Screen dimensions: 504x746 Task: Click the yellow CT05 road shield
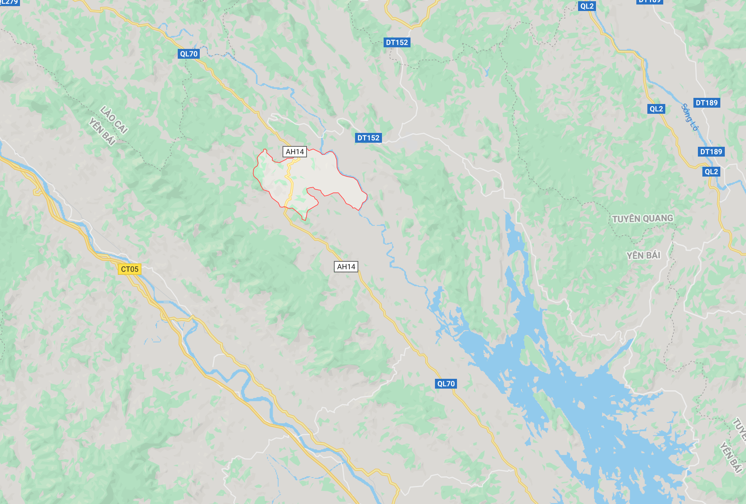130,269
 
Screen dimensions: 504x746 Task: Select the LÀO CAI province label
114,120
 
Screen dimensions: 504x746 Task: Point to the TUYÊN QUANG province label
642,219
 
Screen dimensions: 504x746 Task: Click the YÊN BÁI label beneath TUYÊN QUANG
643,256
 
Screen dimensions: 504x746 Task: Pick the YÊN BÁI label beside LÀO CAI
102,132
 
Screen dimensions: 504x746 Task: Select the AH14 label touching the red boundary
295,152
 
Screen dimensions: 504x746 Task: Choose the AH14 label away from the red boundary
346,267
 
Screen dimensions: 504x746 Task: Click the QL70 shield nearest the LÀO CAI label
189,54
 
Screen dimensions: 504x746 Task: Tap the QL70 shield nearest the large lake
446,384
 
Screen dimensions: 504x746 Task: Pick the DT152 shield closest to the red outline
368,138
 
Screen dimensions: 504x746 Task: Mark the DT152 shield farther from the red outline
397,42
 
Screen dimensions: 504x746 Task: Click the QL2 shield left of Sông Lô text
656,109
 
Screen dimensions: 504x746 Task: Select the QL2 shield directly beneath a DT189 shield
711,172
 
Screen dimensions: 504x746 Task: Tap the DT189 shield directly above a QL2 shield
711,152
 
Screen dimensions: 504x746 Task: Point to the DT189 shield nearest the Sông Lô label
706,103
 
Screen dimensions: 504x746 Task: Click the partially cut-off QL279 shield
9,2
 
